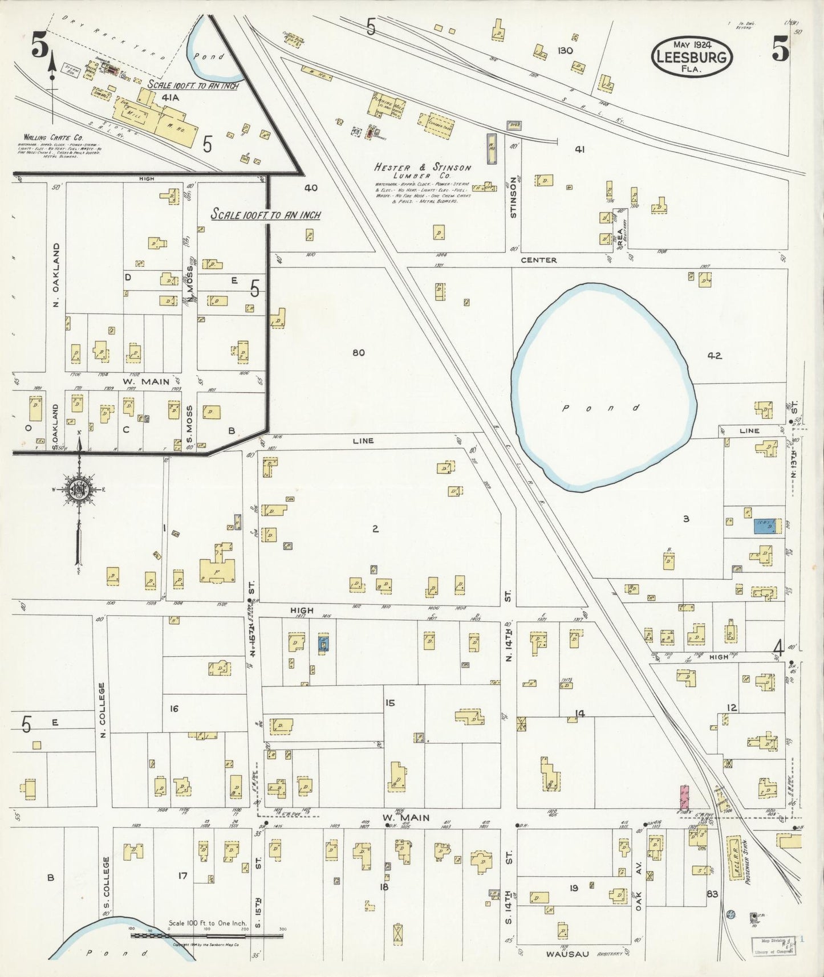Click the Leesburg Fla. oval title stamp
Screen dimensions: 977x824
pos(692,56)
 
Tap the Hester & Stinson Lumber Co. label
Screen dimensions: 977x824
pos(423,172)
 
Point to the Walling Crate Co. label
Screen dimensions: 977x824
pos(54,137)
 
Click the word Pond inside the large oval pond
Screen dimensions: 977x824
pos(601,408)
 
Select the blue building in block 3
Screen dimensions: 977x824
pos(764,526)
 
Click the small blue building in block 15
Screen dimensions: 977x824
pos(323,643)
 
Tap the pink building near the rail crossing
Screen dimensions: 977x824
pos(684,797)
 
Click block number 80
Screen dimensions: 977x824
pos(358,353)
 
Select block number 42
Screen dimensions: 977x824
pos(715,356)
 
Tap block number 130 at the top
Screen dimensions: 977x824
pos(565,51)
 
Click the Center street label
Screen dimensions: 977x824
pos(538,260)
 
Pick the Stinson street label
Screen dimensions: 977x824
pos(514,197)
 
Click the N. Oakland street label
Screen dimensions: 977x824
pos(56,275)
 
